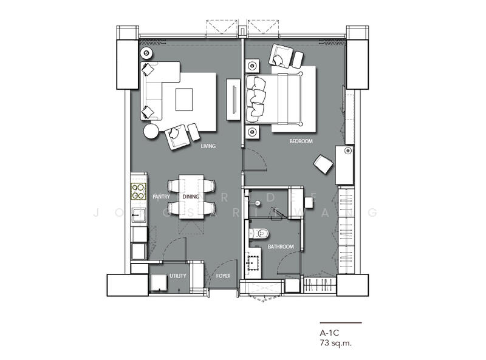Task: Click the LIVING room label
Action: coord(208,146)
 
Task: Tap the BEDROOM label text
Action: coord(301,141)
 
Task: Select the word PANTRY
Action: coord(161,197)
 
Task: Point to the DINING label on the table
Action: coord(191,197)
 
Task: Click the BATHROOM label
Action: coord(281,246)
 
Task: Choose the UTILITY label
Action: coord(178,276)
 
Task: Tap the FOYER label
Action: coord(224,276)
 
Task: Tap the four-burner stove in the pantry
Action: coord(139,191)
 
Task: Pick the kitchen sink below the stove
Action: coord(138,214)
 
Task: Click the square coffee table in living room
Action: coord(184,100)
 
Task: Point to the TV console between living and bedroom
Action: coord(233,100)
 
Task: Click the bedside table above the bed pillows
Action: coord(252,66)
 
